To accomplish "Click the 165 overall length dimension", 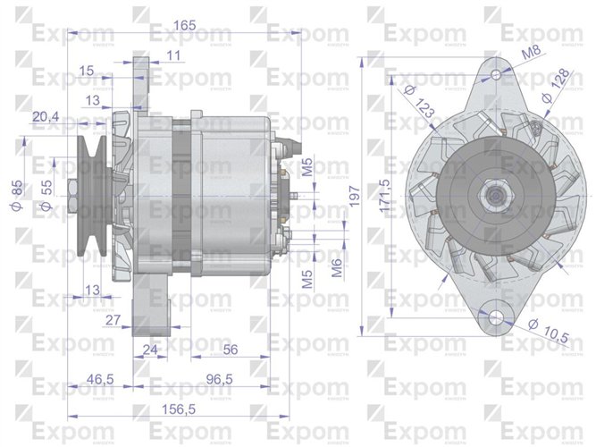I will pos(184,26).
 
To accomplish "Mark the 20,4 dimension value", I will pos(46,116).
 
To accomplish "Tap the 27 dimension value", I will pos(113,319).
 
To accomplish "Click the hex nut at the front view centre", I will pos(492,192).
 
